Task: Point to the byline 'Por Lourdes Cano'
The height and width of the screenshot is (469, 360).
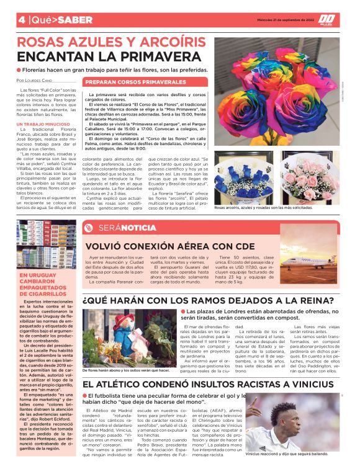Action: click(35, 81)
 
